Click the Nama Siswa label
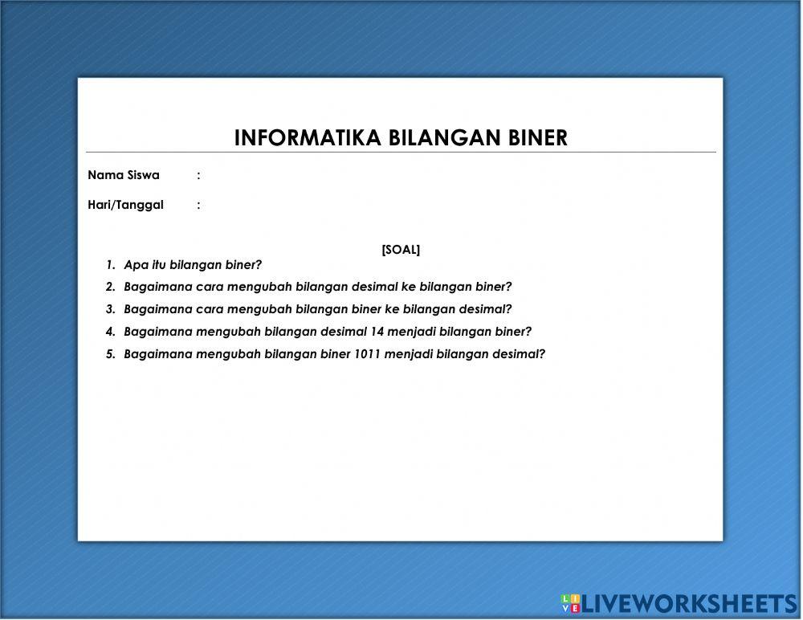tap(124, 175)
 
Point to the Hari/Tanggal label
tap(125, 205)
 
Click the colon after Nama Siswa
tap(198, 175)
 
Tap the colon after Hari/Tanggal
tap(198, 205)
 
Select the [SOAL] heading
tap(401, 250)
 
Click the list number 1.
tap(110, 265)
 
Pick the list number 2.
tap(110, 287)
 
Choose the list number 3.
tap(110, 309)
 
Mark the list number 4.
tap(110, 332)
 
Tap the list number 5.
tap(110, 354)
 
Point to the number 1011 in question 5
tap(367, 354)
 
